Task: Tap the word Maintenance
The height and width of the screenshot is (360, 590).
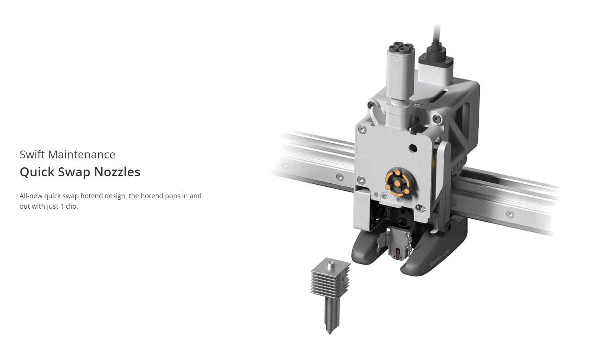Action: [x=82, y=154]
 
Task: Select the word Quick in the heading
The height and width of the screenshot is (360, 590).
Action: [x=37, y=172]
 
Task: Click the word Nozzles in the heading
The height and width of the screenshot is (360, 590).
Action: [x=117, y=172]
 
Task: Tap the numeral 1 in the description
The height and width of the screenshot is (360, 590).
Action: [x=62, y=206]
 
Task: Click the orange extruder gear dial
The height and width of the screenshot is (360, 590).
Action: [x=397, y=182]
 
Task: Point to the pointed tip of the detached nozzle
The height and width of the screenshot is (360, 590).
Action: [x=330, y=334]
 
